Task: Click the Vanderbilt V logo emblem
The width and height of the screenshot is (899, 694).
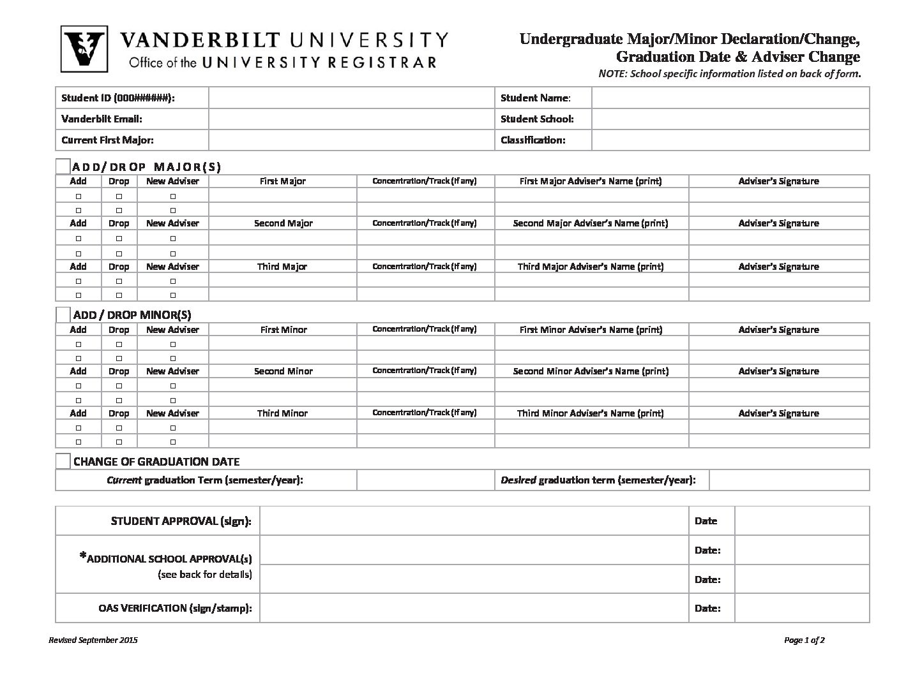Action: (x=84, y=49)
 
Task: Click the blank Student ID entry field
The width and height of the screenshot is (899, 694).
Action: (x=351, y=98)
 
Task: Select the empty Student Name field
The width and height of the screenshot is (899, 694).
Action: (x=730, y=98)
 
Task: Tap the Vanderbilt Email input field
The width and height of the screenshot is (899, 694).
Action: (x=351, y=119)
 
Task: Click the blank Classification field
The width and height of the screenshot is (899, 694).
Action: (x=730, y=140)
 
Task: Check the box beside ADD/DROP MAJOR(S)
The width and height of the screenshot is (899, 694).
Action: (x=63, y=166)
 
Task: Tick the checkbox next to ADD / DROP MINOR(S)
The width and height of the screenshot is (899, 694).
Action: (x=63, y=314)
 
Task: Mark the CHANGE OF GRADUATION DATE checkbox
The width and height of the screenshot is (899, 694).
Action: (x=63, y=461)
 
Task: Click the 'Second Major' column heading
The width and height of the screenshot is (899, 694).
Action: (x=283, y=223)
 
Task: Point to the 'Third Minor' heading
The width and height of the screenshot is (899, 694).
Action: (x=282, y=413)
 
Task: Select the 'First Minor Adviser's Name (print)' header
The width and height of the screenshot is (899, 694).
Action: (x=591, y=330)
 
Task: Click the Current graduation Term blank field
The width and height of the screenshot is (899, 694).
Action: (x=425, y=480)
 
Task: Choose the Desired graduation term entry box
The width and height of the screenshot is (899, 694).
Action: (x=789, y=480)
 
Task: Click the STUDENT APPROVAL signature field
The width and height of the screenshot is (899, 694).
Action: (x=474, y=521)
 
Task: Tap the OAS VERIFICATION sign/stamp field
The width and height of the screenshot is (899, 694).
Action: (x=474, y=609)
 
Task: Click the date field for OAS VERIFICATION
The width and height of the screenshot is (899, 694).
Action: (x=801, y=609)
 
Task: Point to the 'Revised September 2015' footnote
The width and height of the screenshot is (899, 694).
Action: (x=93, y=640)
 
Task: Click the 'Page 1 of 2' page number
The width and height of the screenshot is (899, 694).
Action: (x=804, y=640)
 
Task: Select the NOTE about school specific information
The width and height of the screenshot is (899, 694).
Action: (x=729, y=74)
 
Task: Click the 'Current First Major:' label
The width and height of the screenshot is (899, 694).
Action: (x=107, y=140)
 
